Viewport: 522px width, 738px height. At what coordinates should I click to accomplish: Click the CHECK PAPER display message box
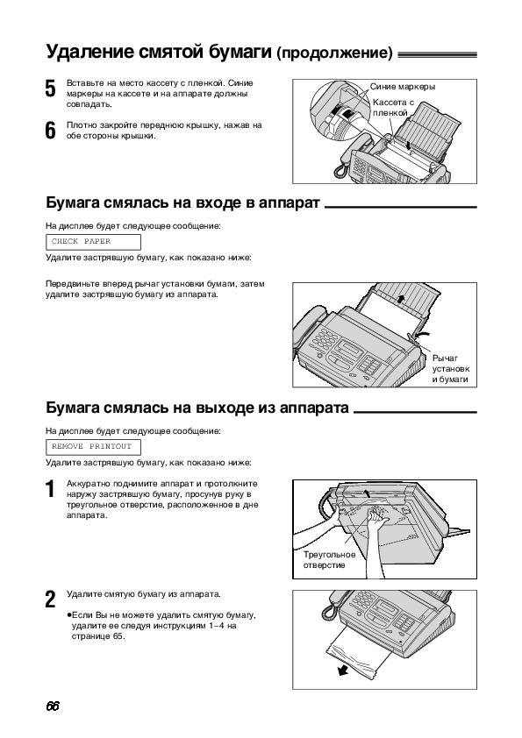[93, 242]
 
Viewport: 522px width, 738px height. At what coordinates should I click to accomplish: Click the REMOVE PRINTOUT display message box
[93, 447]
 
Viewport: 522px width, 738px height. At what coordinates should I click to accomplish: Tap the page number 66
[53, 706]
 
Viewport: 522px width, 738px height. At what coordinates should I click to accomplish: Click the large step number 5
[50, 89]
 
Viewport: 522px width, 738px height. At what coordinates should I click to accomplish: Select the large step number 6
[50, 131]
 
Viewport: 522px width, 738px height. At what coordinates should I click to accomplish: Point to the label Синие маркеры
[403, 87]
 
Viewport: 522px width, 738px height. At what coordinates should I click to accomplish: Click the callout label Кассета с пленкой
[393, 107]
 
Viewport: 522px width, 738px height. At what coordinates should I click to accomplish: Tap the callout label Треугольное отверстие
[329, 559]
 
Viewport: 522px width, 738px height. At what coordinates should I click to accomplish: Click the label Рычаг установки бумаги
[451, 368]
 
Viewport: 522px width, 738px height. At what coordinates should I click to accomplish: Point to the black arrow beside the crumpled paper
[344, 671]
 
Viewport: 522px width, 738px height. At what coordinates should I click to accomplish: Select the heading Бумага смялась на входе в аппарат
[182, 202]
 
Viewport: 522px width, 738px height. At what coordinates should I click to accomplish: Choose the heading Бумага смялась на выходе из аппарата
[197, 407]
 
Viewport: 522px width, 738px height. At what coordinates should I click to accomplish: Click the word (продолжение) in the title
[334, 53]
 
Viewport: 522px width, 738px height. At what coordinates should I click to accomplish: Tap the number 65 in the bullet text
[118, 636]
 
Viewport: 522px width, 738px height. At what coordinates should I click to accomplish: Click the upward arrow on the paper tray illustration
[400, 298]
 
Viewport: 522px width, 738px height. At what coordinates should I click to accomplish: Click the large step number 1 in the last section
[50, 489]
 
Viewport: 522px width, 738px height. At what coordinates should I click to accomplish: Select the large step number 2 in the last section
[50, 600]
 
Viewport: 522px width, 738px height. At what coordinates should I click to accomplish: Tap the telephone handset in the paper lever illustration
[309, 330]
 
